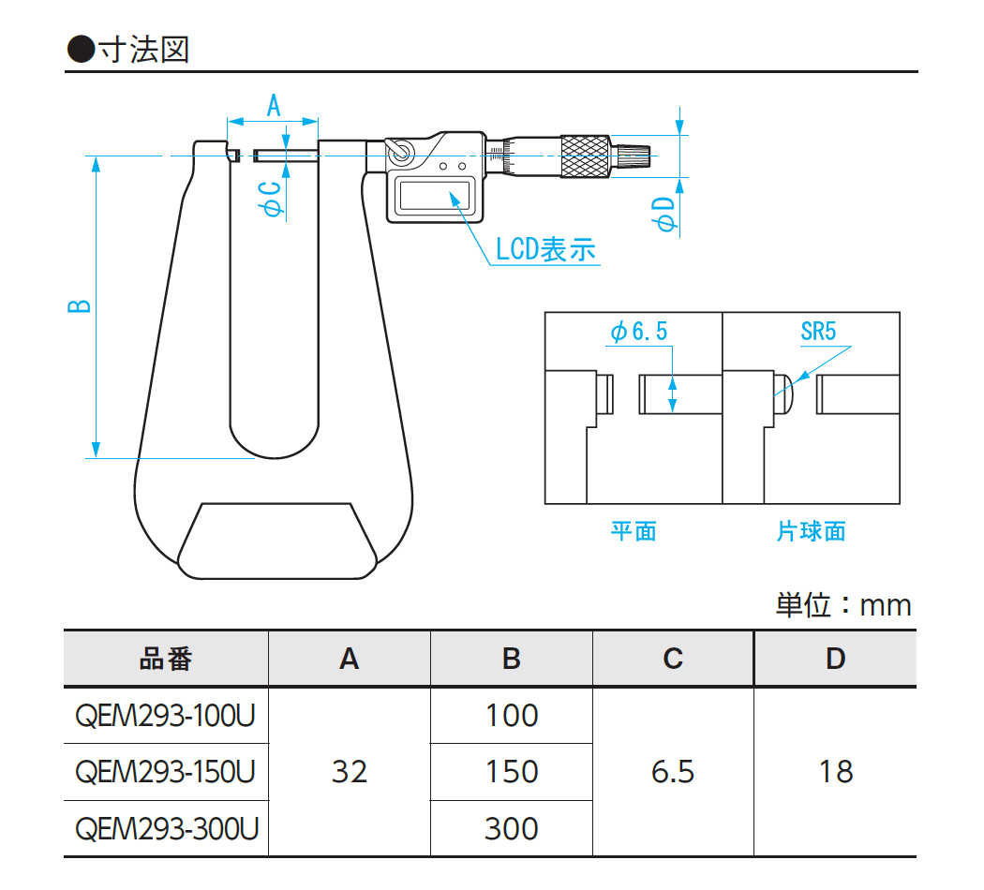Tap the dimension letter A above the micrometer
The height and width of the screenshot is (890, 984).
pyautogui.click(x=274, y=105)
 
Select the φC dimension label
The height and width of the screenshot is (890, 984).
pyautogui.click(x=273, y=199)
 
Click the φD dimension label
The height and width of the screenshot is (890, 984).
pyautogui.click(x=664, y=215)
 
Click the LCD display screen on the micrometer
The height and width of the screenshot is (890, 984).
pyautogui.click(x=433, y=195)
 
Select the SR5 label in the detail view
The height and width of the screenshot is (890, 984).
pyautogui.click(x=817, y=331)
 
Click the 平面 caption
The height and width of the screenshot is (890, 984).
pyautogui.click(x=634, y=532)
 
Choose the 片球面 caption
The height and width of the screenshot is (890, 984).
pyautogui.click(x=811, y=532)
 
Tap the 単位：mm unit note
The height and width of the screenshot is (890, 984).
pyautogui.click(x=842, y=604)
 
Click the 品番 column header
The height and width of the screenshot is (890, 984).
pyautogui.click(x=166, y=659)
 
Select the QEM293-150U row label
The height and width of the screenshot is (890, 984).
pyautogui.click(x=165, y=772)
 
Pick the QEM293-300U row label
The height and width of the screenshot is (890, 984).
pyautogui.click(x=165, y=828)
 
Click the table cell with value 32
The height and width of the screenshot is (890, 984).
pyautogui.click(x=350, y=772)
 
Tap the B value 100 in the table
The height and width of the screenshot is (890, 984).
pyautogui.click(x=512, y=716)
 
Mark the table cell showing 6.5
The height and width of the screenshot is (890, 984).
pyautogui.click(x=673, y=772)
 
